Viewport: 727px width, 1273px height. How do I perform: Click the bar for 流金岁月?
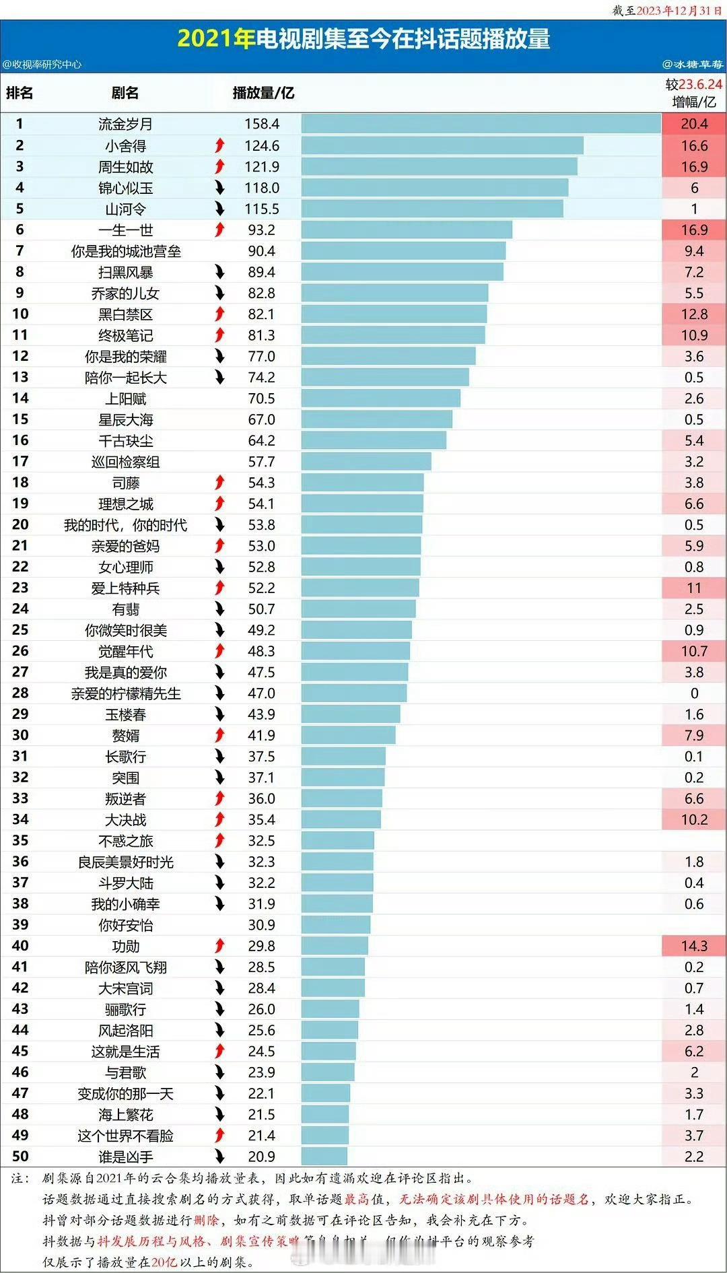(481, 124)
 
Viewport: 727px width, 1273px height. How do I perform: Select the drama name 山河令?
(125, 209)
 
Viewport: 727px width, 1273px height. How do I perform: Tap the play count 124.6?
(261, 145)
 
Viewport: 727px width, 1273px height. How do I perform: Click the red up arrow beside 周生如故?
(219, 166)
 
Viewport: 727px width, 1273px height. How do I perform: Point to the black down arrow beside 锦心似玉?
(219, 188)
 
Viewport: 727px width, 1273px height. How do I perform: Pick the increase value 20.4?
(694, 124)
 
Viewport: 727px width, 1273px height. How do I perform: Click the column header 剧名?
(125, 93)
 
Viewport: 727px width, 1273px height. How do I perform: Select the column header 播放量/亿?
(263, 93)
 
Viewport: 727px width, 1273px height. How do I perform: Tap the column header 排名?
(20, 93)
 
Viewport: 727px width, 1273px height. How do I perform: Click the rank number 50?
(20, 1156)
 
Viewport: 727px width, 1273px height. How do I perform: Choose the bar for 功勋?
(335, 946)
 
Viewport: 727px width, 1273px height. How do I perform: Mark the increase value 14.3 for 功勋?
(694, 946)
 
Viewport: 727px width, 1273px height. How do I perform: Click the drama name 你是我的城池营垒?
(126, 251)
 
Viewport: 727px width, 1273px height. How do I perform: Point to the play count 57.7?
(261, 461)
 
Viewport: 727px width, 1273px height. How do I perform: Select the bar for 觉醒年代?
(355, 651)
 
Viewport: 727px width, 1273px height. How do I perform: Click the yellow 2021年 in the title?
(215, 39)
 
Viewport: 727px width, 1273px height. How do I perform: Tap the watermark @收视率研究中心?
(42, 65)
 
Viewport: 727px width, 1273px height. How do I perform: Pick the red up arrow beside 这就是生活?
(219, 1051)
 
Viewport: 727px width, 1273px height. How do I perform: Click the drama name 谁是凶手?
(125, 1157)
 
